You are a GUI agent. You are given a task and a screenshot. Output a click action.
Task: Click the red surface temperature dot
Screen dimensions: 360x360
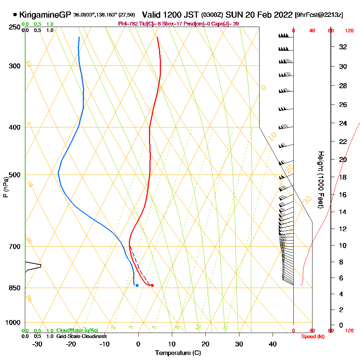click(x=152, y=285)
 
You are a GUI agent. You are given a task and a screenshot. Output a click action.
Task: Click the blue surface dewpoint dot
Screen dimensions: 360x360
click(x=137, y=285)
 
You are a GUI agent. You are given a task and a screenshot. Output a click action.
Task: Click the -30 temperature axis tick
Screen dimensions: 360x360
click(x=37, y=344)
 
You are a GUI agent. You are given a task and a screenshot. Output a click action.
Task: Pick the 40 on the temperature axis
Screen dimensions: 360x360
click(x=273, y=344)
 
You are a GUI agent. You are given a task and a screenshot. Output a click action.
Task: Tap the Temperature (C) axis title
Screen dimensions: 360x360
click(x=178, y=353)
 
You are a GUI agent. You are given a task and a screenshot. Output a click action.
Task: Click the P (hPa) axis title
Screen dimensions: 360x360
click(x=6, y=187)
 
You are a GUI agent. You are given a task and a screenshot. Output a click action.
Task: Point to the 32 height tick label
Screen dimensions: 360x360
click(x=343, y=47)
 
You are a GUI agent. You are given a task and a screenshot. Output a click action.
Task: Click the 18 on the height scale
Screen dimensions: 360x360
click(x=343, y=177)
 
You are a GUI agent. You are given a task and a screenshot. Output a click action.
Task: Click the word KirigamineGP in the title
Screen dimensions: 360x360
click(x=45, y=15)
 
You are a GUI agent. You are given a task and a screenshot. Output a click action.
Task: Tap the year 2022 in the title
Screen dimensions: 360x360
click(x=282, y=15)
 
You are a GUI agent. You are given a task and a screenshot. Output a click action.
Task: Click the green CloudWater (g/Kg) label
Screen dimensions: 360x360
click(x=77, y=330)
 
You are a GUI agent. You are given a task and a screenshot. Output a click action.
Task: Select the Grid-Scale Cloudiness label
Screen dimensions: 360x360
click(x=81, y=336)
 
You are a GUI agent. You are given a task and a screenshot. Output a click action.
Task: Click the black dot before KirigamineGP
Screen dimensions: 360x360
click(x=15, y=15)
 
